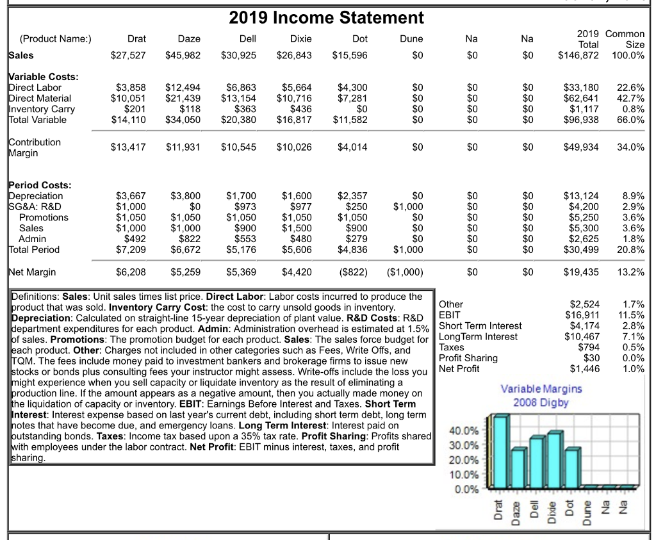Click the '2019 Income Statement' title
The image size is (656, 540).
(327, 17)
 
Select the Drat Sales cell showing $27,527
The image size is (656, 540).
(129, 55)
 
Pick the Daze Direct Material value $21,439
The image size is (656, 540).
(183, 98)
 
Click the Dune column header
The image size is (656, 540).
(411, 39)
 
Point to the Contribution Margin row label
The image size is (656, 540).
(35, 147)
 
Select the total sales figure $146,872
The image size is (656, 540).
(579, 55)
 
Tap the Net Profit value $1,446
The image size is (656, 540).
(584, 368)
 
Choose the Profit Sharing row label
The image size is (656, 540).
(468, 357)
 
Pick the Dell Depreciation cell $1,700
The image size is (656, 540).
(242, 196)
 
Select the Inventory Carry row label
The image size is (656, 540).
(42, 109)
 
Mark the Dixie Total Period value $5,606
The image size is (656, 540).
(297, 250)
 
